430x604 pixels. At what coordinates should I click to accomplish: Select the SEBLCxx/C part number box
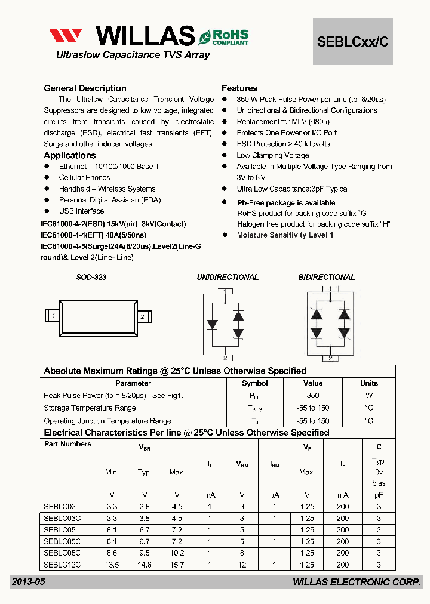(353, 41)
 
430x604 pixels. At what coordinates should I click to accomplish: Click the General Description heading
(85, 88)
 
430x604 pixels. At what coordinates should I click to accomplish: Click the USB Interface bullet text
(81, 211)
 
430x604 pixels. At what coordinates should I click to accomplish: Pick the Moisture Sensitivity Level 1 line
(285, 235)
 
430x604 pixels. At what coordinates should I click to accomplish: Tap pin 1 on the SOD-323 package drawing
(54, 315)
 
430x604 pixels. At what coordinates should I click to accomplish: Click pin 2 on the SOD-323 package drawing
(142, 316)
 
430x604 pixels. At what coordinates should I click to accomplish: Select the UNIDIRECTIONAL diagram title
(228, 278)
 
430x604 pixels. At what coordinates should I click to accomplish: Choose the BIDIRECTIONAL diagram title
(327, 278)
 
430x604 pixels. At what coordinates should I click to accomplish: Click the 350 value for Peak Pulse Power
(312, 396)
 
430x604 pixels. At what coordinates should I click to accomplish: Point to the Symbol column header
(254, 383)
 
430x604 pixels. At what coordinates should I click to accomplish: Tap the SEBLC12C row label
(62, 565)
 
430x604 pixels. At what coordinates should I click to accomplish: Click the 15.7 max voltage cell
(177, 565)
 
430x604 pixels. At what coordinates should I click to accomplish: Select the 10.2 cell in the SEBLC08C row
(177, 553)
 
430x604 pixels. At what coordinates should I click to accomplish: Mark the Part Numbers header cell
(67, 444)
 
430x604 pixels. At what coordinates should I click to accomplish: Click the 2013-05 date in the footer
(28, 582)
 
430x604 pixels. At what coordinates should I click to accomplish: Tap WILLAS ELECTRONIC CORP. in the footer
(357, 582)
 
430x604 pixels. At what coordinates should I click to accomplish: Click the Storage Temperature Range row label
(90, 408)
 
